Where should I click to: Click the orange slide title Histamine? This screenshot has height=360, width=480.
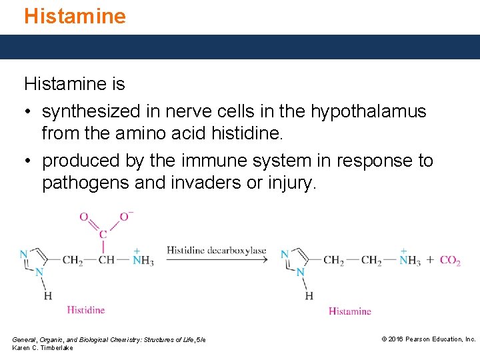click(x=75, y=16)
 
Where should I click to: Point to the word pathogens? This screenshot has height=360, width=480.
click(x=85, y=183)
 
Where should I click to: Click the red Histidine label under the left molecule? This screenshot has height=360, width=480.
click(x=86, y=310)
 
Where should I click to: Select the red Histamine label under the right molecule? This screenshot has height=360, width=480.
click(x=349, y=311)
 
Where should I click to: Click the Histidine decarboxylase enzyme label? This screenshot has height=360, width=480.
click(x=216, y=251)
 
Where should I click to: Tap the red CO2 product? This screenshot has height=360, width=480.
click(x=450, y=261)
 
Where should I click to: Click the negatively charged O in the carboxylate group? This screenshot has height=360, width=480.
click(x=125, y=217)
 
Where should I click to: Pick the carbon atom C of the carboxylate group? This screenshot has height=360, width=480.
click(x=103, y=234)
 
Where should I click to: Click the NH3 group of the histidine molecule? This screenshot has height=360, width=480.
click(x=143, y=260)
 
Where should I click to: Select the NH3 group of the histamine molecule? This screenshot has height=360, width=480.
click(x=409, y=260)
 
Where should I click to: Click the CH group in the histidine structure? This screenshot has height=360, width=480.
click(x=107, y=260)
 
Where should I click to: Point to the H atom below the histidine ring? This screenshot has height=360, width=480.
click(x=47, y=295)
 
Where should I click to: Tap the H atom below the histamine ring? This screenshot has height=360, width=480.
click(x=309, y=295)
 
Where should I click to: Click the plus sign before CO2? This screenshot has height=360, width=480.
click(x=430, y=260)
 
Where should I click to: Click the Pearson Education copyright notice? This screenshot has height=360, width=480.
click(x=428, y=339)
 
